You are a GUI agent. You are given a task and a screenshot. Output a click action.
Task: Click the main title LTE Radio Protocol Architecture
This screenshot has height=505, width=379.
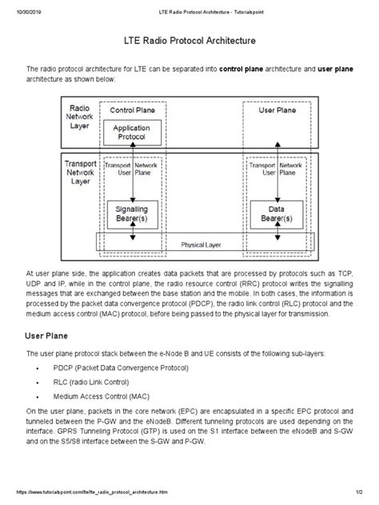click(189, 39)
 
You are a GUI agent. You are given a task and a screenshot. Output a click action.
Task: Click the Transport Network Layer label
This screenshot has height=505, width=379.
click(80, 170)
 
